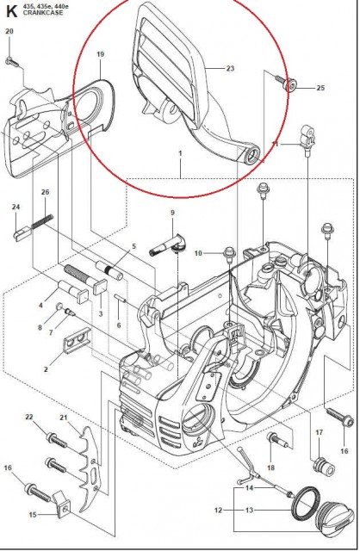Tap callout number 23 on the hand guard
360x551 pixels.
(x=230, y=69)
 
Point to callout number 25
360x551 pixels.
(x=320, y=88)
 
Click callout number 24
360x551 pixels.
(x=16, y=207)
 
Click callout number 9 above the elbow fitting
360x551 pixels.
(x=172, y=213)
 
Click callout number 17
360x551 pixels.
(x=318, y=433)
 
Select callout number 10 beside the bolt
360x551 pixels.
(x=197, y=252)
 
